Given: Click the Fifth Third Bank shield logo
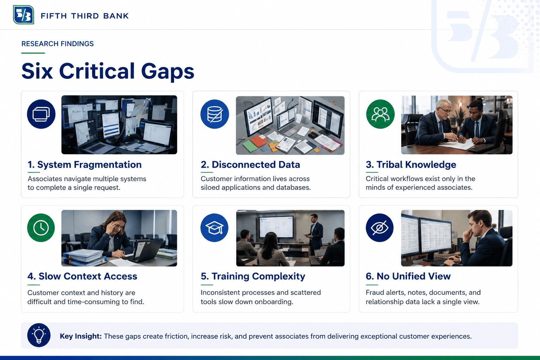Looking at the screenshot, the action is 24,15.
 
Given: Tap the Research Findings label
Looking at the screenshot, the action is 57,44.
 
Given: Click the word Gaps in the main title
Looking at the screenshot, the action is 168,71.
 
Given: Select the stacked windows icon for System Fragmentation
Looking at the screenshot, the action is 41,114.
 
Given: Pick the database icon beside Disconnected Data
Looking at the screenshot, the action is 214,114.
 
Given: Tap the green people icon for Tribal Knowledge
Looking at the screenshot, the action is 380,114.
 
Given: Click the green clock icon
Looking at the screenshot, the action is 41,227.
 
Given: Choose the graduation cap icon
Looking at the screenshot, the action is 214,227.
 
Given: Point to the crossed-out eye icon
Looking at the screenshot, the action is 380,227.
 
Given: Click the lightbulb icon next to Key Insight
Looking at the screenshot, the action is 39,335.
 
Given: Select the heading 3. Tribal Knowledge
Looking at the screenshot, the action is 411,165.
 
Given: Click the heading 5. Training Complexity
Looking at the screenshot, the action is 253,276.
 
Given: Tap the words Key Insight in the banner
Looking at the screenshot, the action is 81,336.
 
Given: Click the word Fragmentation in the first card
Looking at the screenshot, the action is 108,165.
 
